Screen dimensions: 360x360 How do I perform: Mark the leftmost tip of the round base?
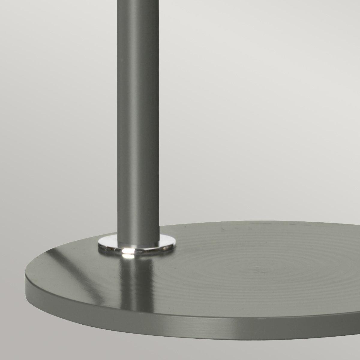25,274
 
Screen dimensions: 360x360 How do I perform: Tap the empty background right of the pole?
240,105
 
